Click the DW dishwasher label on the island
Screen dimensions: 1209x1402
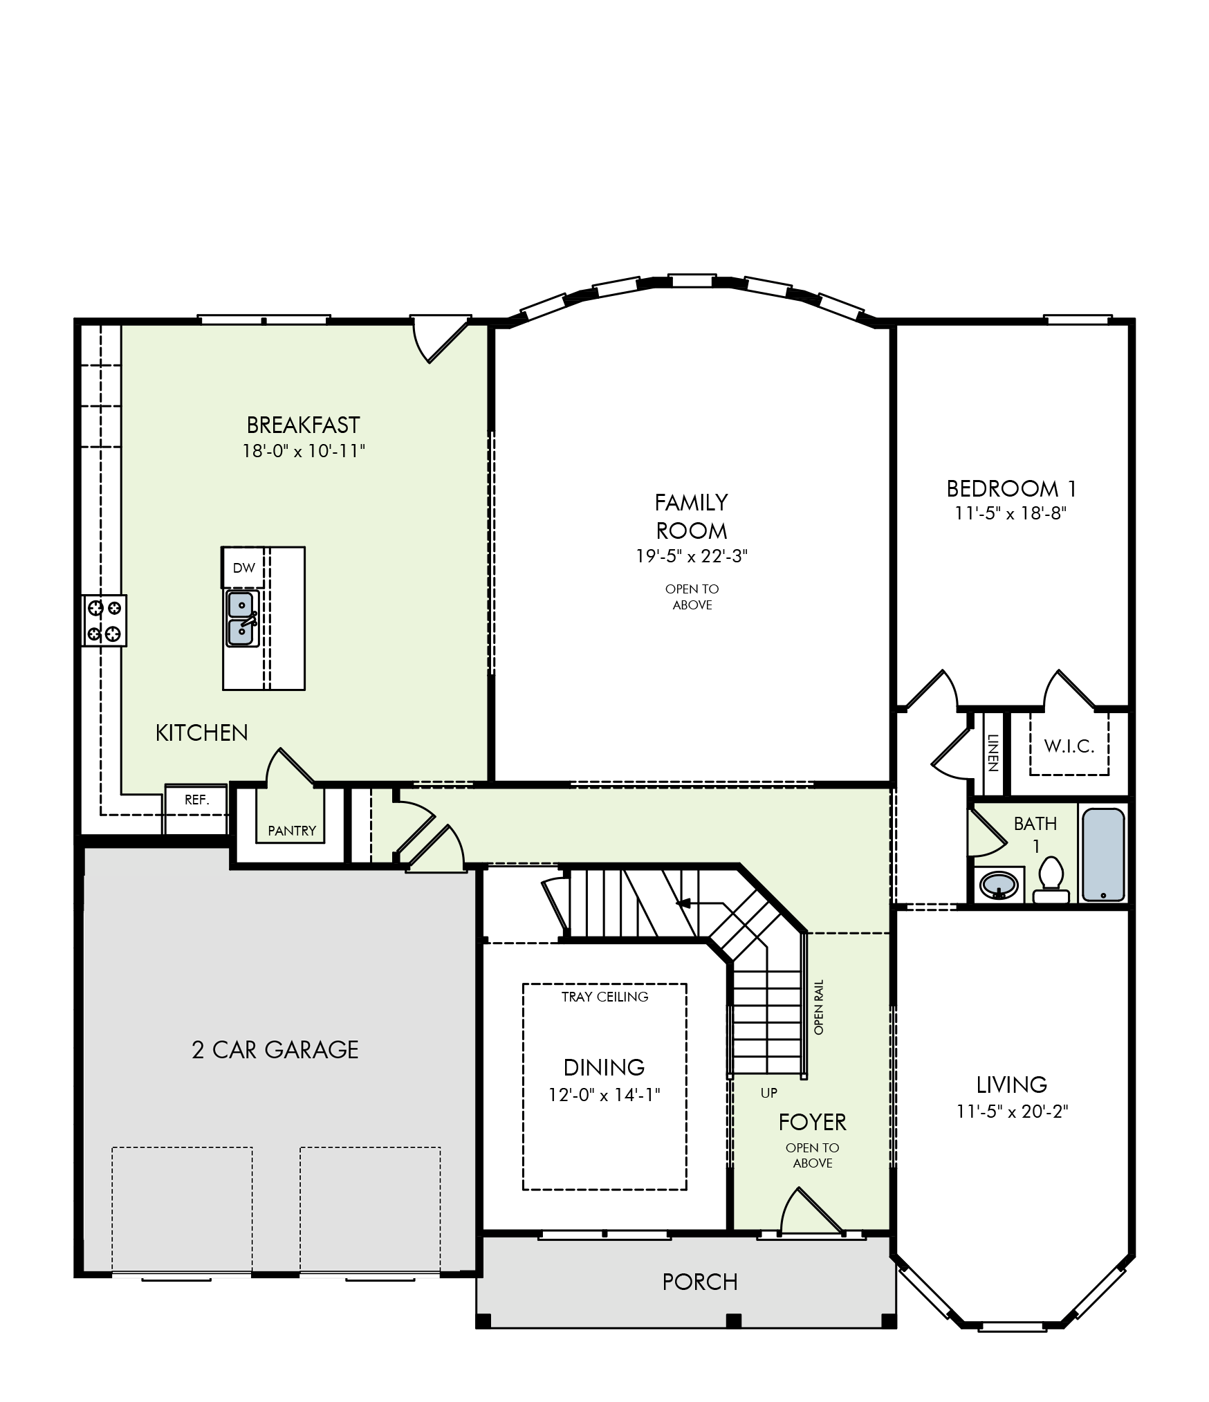pyautogui.click(x=243, y=568)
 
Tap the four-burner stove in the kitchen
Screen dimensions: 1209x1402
pyautogui.click(x=104, y=620)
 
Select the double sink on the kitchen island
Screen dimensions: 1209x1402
pyautogui.click(x=241, y=618)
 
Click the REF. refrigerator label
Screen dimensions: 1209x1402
pyautogui.click(x=196, y=800)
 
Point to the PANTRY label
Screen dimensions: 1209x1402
pyautogui.click(x=292, y=831)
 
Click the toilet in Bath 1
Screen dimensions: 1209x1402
pyautogui.click(x=1051, y=880)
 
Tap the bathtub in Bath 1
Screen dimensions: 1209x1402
pyautogui.click(x=1103, y=854)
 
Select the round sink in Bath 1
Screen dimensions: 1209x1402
pyautogui.click(x=999, y=884)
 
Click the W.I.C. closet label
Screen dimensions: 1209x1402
pyautogui.click(x=1069, y=746)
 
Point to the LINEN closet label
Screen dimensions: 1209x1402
pyautogui.click(x=993, y=753)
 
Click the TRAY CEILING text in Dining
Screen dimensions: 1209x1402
pyautogui.click(x=604, y=997)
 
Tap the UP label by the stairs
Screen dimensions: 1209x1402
pyautogui.click(x=769, y=1093)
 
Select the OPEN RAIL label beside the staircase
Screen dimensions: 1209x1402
pyautogui.click(x=819, y=1007)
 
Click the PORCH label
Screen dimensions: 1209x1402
pyautogui.click(x=700, y=1282)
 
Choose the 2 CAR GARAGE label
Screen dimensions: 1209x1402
pyautogui.click(x=275, y=1049)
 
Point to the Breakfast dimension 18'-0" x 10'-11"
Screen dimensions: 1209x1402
pyautogui.click(x=304, y=451)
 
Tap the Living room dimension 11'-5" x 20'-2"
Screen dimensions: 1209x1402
pyautogui.click(x=1013, y=1111)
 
